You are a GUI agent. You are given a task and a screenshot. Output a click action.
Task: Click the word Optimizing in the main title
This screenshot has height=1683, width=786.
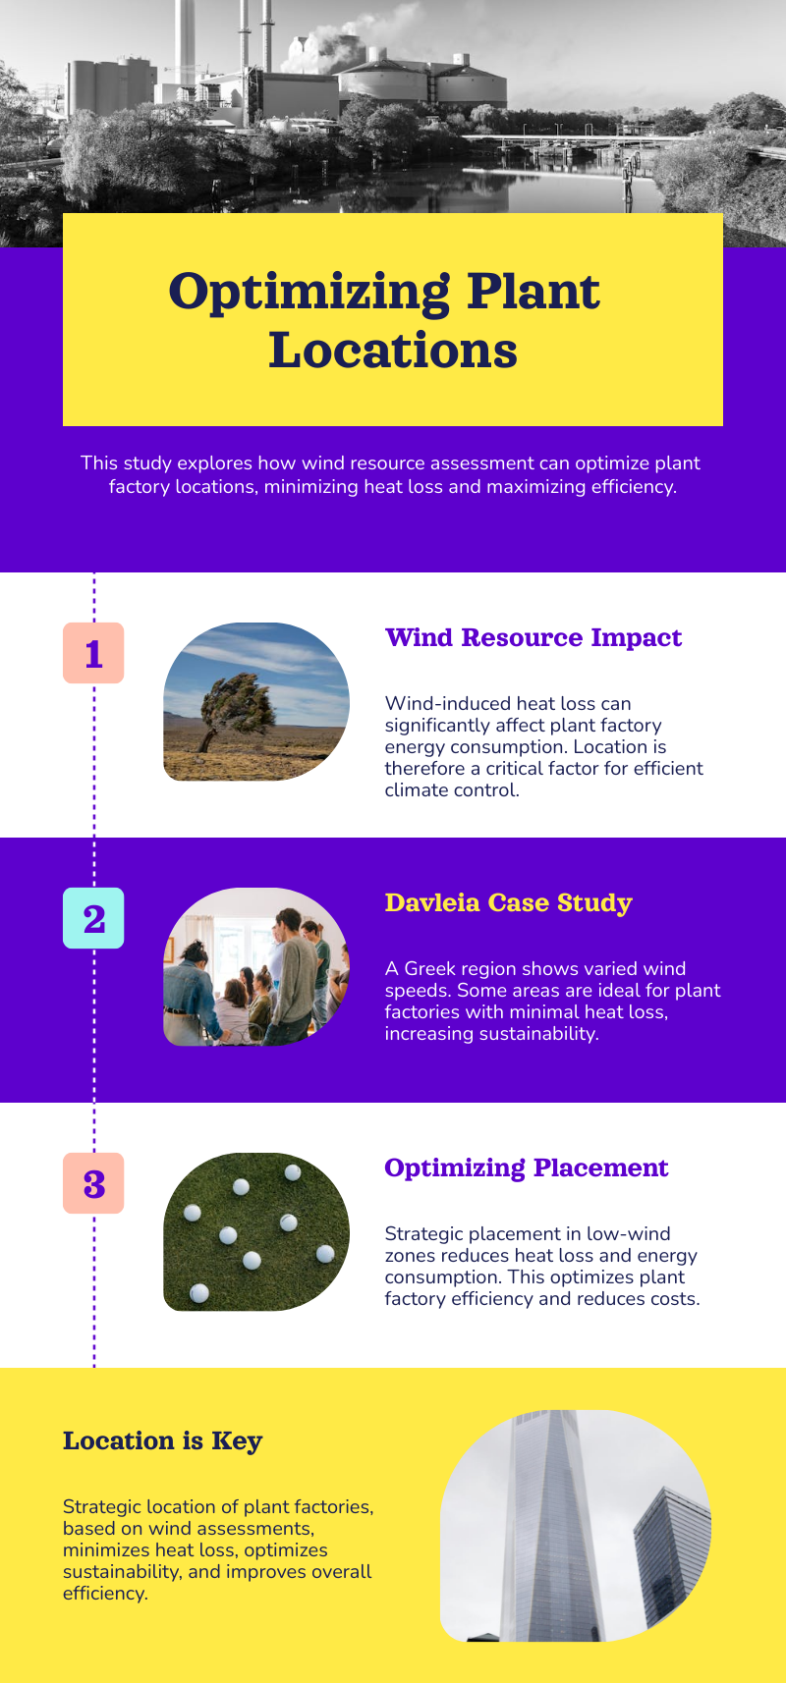309,293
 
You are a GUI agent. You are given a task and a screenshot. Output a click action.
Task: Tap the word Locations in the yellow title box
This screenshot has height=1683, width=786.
393,351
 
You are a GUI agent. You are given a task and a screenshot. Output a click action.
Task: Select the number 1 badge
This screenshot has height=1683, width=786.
93,653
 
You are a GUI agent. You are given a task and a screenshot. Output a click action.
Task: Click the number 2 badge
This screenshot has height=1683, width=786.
93,918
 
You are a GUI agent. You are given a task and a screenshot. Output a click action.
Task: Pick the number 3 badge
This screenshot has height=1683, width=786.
93,1183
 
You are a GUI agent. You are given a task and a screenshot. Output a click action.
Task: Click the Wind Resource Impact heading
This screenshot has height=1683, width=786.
533,638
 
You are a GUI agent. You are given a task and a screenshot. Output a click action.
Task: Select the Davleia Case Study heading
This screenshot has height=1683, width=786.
509,903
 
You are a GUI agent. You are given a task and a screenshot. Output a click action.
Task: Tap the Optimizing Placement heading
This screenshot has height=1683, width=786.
527,1168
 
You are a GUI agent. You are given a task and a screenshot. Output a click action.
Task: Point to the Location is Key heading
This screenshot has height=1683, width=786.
162,1441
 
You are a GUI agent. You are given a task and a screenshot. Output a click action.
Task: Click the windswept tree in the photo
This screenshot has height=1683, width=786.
237,709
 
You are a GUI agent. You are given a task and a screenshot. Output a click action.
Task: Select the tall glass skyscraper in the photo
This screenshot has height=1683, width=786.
551,1525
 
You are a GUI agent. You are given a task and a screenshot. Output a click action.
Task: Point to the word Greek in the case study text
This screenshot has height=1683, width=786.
428,969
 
